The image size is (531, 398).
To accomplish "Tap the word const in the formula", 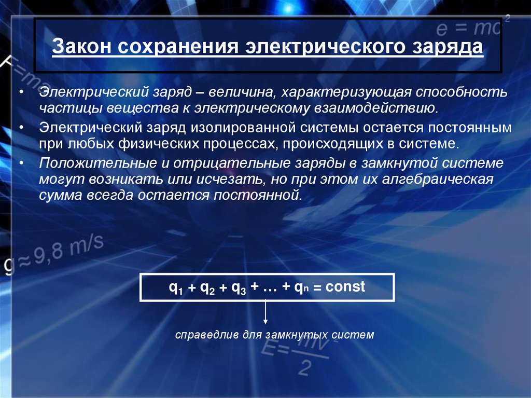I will (345, 286).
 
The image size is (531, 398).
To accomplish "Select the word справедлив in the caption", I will (203, 335).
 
